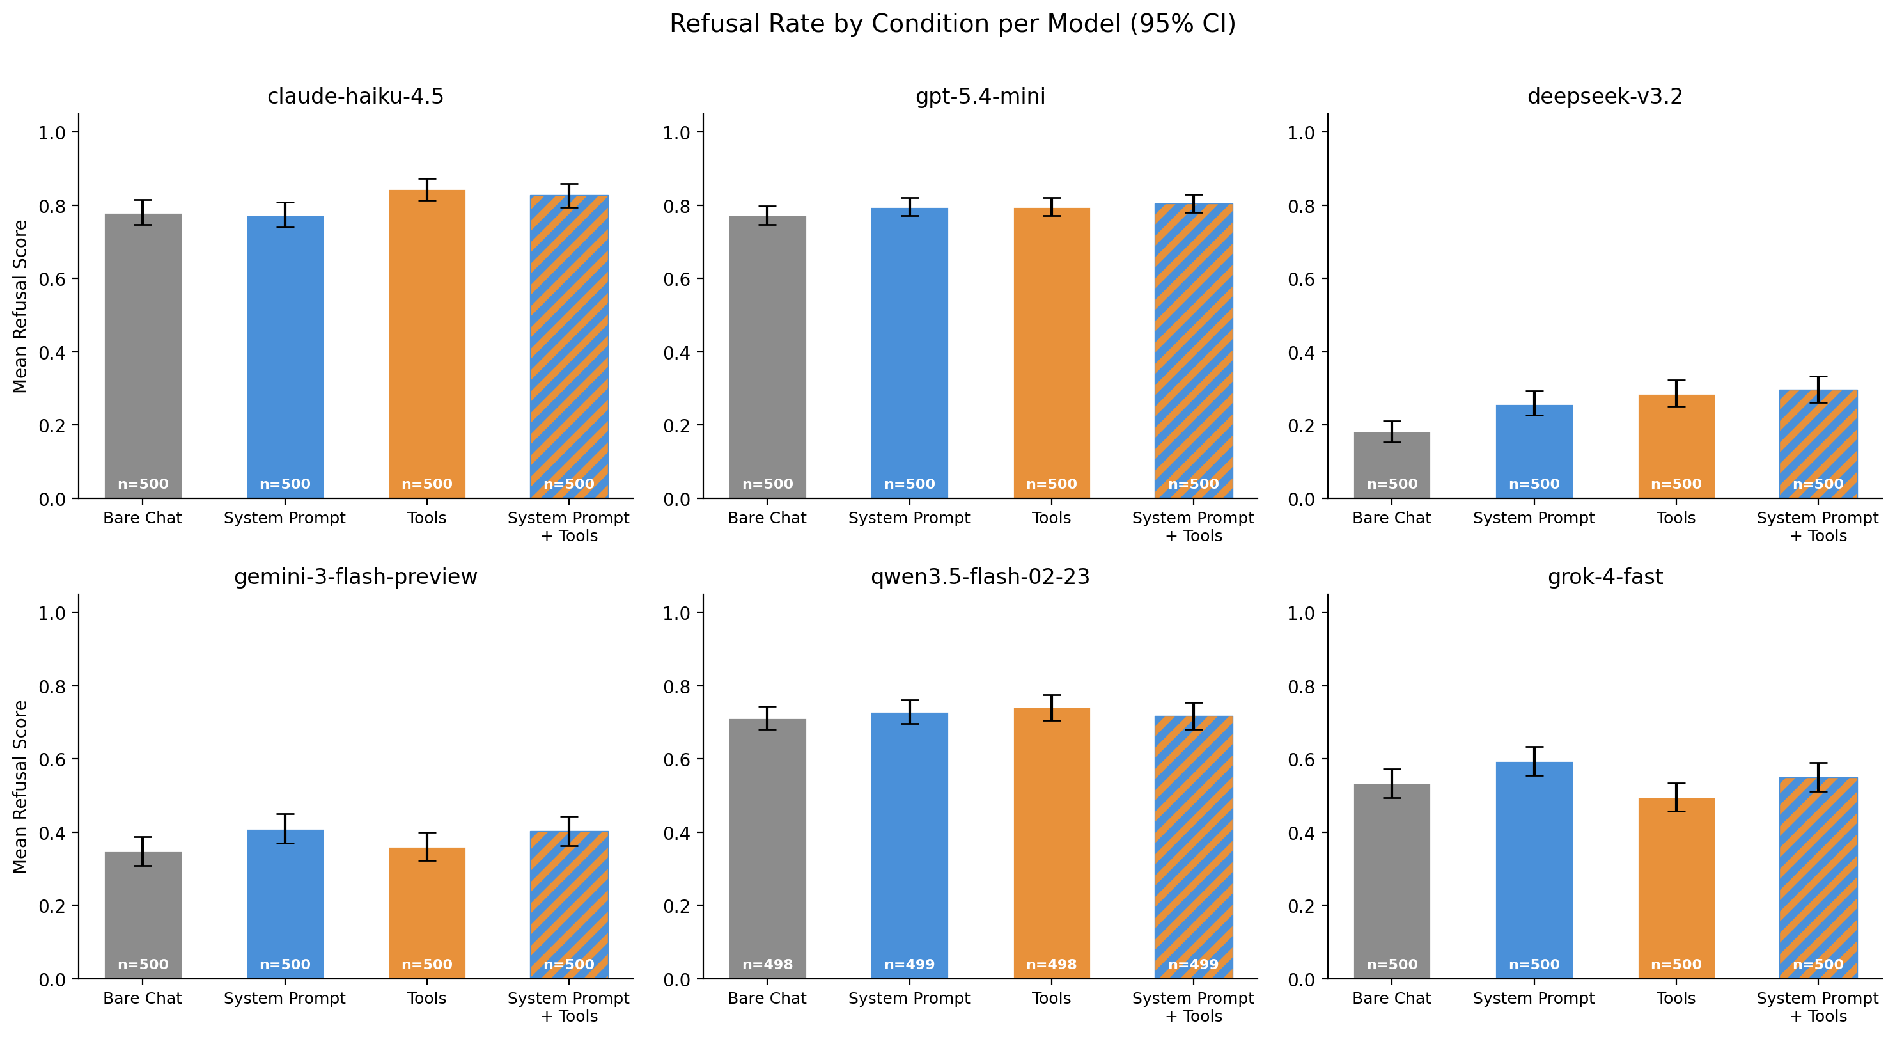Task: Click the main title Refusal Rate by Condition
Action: click(952, 24)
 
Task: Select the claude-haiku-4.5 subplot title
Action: click(355, 97)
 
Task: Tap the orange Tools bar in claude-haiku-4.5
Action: click(426, 346)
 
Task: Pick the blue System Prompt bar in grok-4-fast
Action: click(1534, 869)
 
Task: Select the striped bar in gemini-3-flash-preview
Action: click(568, 905)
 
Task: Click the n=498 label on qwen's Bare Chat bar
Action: click(767, 964)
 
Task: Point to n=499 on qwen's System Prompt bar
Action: click(909, 964)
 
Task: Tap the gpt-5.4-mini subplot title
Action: click(980, 97)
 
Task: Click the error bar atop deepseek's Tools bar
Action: click(1676, 393)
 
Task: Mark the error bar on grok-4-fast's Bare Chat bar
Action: click(1392, 784)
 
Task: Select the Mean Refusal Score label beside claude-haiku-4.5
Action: click(20, 307)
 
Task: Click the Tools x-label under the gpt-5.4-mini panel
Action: click(1051, 518)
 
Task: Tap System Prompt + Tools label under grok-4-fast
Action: click(1818, 1007)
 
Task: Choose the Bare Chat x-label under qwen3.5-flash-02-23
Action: click(767, 999)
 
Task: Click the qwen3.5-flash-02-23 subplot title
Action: click(980, 577)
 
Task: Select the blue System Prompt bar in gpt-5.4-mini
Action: click(909, 353)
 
